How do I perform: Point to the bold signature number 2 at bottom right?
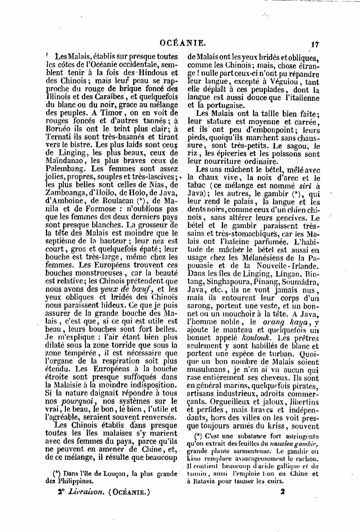[x=283, y=492]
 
